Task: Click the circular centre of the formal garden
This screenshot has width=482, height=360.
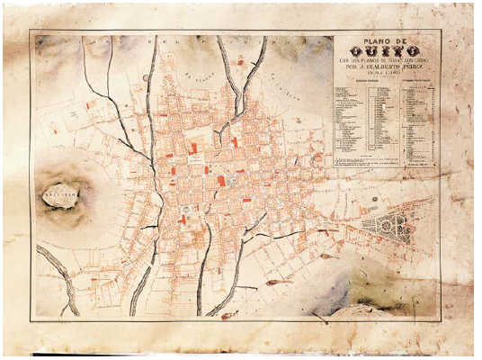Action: point(388,227)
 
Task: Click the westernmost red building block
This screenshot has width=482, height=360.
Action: point(88,106)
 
